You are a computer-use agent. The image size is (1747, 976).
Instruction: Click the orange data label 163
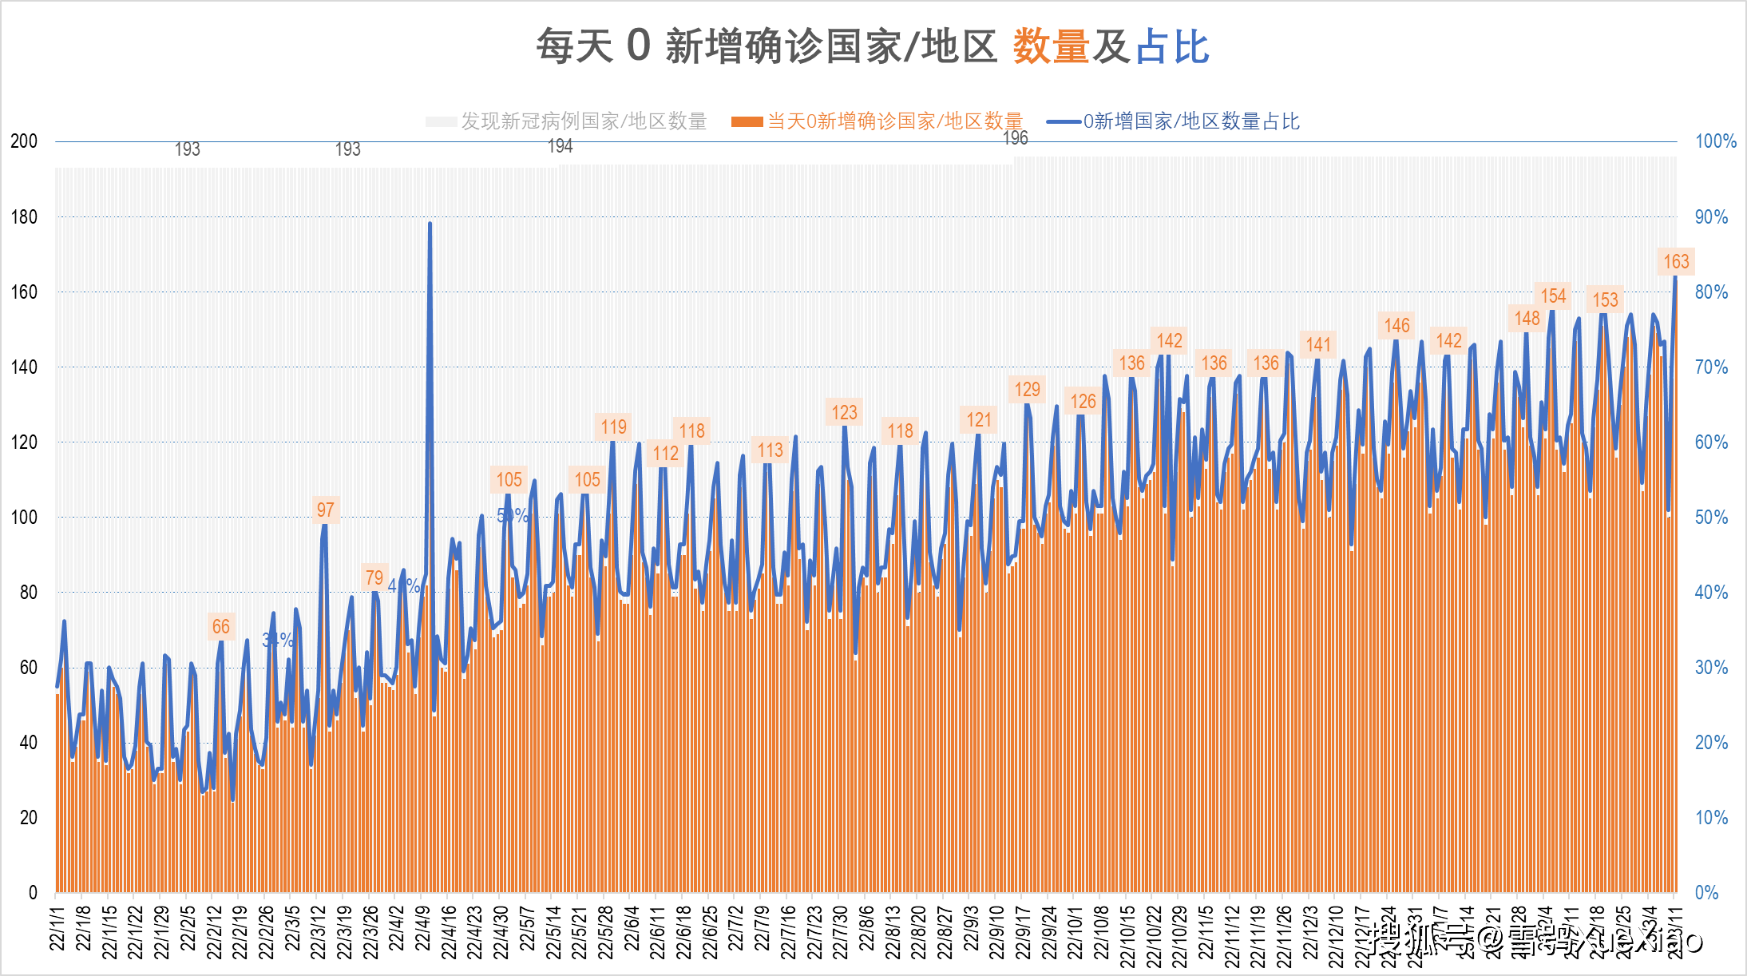click(x=1675, y=261)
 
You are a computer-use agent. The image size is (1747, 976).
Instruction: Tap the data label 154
click(x=1552, y=296)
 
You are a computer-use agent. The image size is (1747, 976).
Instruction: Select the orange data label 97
click(x=325, y=510)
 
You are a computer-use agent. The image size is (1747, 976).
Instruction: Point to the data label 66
click(x=220, y=627)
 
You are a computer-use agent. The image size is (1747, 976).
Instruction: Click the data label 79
click(x=374, y=577)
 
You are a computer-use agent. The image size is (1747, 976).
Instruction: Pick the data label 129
click(x=1027, y=389)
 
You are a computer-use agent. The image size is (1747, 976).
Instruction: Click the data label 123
click(x=844, y=412)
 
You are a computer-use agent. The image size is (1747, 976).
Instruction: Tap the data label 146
click(x=1396, y=325)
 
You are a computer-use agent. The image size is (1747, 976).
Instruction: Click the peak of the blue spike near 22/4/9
click(x=430, y=224)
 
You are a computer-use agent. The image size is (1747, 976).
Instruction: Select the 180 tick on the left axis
click(x=24, y=216)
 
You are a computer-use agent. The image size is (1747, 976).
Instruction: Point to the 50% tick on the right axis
click(x=1711, y=517)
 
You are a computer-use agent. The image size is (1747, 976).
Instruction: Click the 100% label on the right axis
click(x=1715, y=141)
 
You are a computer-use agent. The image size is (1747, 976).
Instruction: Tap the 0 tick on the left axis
click(x=33, y=892)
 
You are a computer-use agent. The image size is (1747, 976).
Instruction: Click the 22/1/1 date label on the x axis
click(x=57, y=928)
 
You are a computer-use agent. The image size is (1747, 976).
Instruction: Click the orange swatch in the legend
click(x=747, y=121)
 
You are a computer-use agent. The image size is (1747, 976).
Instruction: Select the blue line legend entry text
click(x=1190, y=121)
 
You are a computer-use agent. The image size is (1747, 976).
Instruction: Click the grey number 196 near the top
click(x=1015, y=138)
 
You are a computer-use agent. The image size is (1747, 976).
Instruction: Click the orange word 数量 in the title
click(x=1051, y=46)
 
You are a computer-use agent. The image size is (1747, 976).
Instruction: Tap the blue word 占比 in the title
click(x=1171, y=46)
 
